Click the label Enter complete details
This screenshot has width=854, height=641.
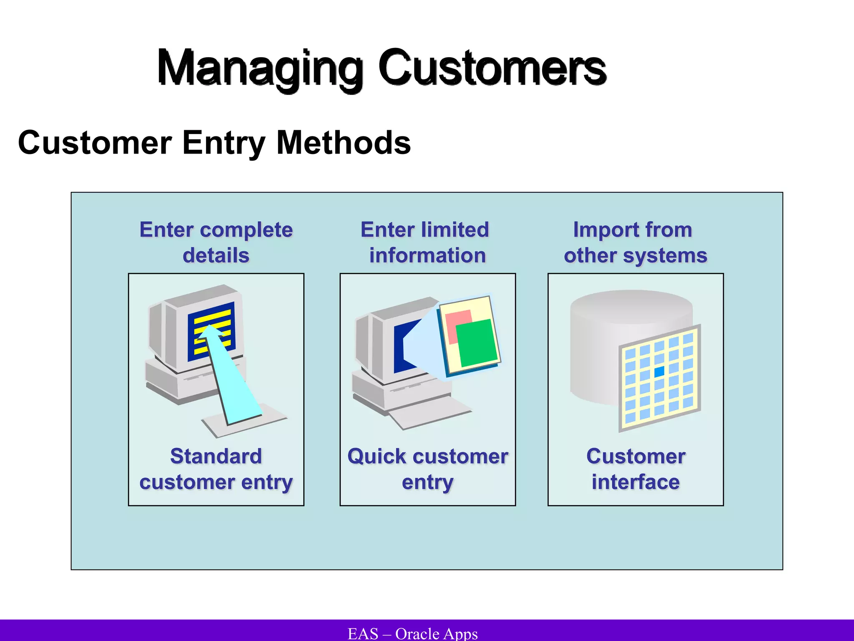pyautogui.click(x=216, y=242)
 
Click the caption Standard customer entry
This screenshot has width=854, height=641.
pyautogui.click(x=216, y=469)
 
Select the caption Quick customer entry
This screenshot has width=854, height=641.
pyautogui.click(x=427, y=469)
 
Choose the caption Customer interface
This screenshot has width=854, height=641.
pyautogui.click(x=635, y=469)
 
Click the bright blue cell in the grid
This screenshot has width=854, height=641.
pyautogui.click(x=659, y=371)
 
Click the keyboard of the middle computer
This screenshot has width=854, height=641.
pyautogui.click(x=430, y=413)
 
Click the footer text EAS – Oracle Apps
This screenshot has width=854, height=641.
pyautogui.click(x=412, y=633)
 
